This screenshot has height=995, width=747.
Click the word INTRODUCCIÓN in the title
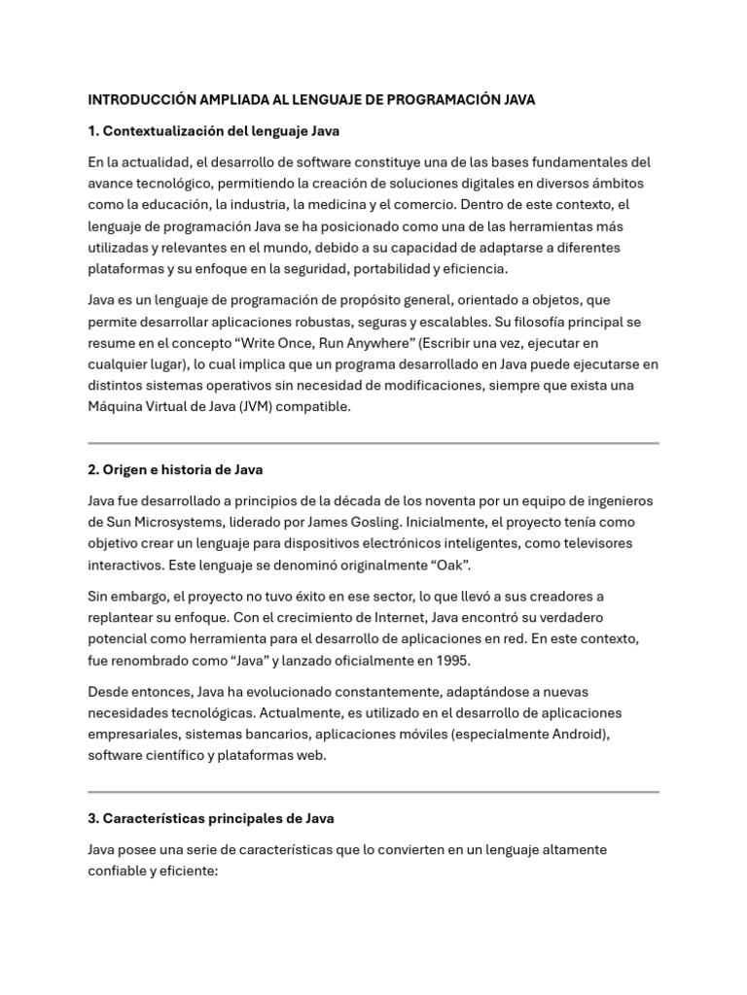click(141, 99)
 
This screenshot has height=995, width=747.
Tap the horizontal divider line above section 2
click(373, 443)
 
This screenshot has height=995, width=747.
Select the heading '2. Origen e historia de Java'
click(175, 469)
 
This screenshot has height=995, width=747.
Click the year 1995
click(453, 660)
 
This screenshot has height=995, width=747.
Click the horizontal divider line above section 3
click(373, 792)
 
